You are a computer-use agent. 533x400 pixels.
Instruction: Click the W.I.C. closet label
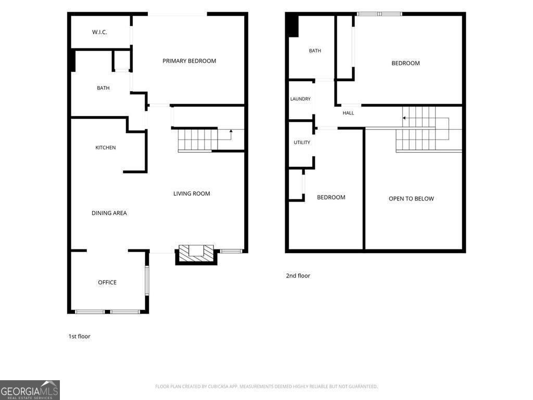(x=99, y=32)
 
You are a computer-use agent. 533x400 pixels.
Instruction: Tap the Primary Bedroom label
(x=189, y=61)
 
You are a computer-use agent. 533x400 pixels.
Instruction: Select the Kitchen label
(x=105, y=147)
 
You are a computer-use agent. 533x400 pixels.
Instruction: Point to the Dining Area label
(x=109, y=213)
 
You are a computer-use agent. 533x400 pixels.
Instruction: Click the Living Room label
(x=192, y=194)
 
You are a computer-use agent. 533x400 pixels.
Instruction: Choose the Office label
(x=107, y=282)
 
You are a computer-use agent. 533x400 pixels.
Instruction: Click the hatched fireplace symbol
(x=196, y=253)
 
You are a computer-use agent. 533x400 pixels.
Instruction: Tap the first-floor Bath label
(x=103, y=88)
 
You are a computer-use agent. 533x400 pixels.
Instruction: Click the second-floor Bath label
(x=315, y=51)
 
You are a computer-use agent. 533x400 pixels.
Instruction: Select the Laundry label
(x=300, y=99)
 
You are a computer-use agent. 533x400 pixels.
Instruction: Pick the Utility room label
(x=302, y=143)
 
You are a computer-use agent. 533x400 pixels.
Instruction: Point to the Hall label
(x=348, y=113)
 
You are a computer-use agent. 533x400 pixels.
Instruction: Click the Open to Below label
(x=411, y=198)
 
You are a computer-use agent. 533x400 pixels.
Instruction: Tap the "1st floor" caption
(x=79, y=336)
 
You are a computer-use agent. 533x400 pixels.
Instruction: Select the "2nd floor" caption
(x=298, y=276)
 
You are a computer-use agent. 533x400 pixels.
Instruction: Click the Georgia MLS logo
(x=30, y=390)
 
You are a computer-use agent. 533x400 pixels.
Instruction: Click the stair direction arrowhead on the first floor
(x=231, y=131)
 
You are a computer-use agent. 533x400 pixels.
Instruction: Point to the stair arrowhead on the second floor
(x=404, y=118)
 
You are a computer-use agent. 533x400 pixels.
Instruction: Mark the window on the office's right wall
(x=147, y=281)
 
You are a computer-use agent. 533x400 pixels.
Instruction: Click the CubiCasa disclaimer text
(x=266, y=386)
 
